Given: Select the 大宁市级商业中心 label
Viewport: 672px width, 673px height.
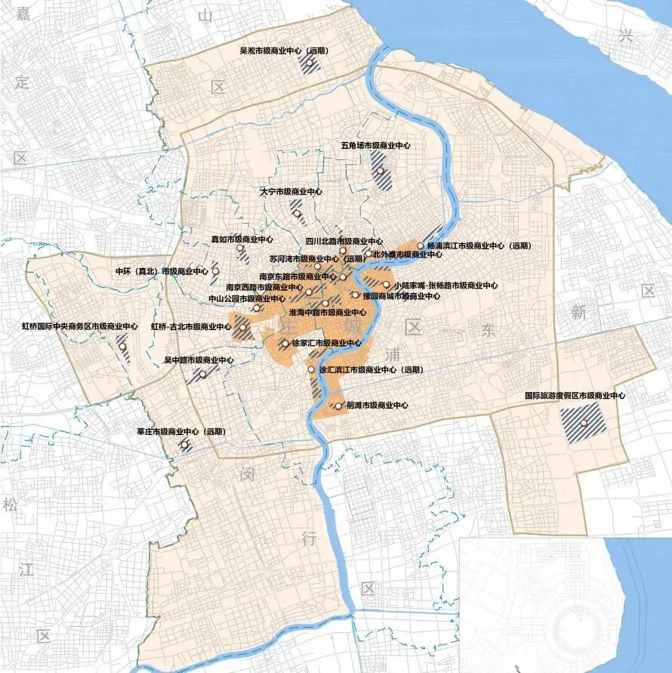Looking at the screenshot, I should [x=291, y=192].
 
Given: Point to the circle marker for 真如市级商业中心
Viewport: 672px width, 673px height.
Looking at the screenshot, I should [x=239, y=248].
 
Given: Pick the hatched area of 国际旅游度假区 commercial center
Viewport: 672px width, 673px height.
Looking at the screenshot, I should [x=583, y=422].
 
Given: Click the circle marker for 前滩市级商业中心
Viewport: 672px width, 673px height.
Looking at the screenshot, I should [x=338, y=406].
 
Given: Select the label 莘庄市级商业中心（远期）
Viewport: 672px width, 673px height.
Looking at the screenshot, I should [x=180, y=432].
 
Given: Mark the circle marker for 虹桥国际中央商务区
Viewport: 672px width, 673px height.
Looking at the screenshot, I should [x=122, y=347].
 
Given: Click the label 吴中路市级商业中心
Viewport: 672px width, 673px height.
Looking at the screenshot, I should [x=199, y=360].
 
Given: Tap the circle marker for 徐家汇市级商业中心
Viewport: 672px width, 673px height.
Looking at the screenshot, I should [x=285, y=343].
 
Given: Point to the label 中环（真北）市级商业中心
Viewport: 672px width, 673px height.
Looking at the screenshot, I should [x=161, y=270].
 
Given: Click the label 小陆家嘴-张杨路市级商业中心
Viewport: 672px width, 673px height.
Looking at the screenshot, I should [x=445, y=286].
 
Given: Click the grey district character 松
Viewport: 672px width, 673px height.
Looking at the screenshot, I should [x=10, y=505].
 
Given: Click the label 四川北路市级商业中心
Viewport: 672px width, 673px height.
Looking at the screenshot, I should [x=343, y=240].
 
